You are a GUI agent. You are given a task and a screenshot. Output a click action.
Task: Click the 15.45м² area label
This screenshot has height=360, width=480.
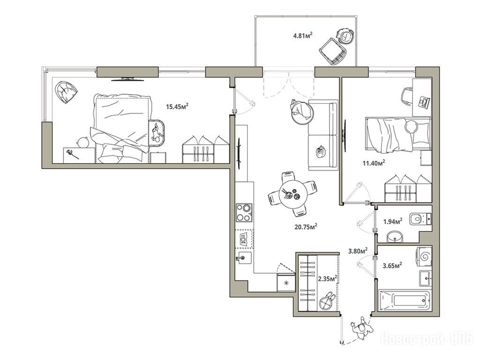[x=177, y=106]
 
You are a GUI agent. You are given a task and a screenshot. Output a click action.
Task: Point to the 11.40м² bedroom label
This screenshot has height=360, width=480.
[x=374, y=163]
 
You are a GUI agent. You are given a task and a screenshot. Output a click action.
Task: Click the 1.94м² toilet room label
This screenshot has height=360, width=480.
[x=393, y=221]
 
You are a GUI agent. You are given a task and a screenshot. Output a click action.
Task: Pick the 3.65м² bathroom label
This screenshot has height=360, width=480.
[x=392, y=265]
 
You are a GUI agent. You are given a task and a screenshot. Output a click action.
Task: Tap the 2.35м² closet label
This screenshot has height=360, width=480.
[x=328, y=279]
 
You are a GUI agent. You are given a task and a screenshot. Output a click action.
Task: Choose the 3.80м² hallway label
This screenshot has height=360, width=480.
[x=358, y=251]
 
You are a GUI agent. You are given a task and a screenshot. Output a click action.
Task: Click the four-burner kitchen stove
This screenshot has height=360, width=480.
[x=244, y=212]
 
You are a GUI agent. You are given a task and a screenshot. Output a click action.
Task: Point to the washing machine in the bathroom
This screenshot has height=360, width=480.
[x=424, y=255]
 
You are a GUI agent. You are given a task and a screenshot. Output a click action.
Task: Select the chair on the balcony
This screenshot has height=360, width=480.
[x=333, y=51]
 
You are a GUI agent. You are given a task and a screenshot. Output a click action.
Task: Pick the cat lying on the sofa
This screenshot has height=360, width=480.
[x=321, y=152]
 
